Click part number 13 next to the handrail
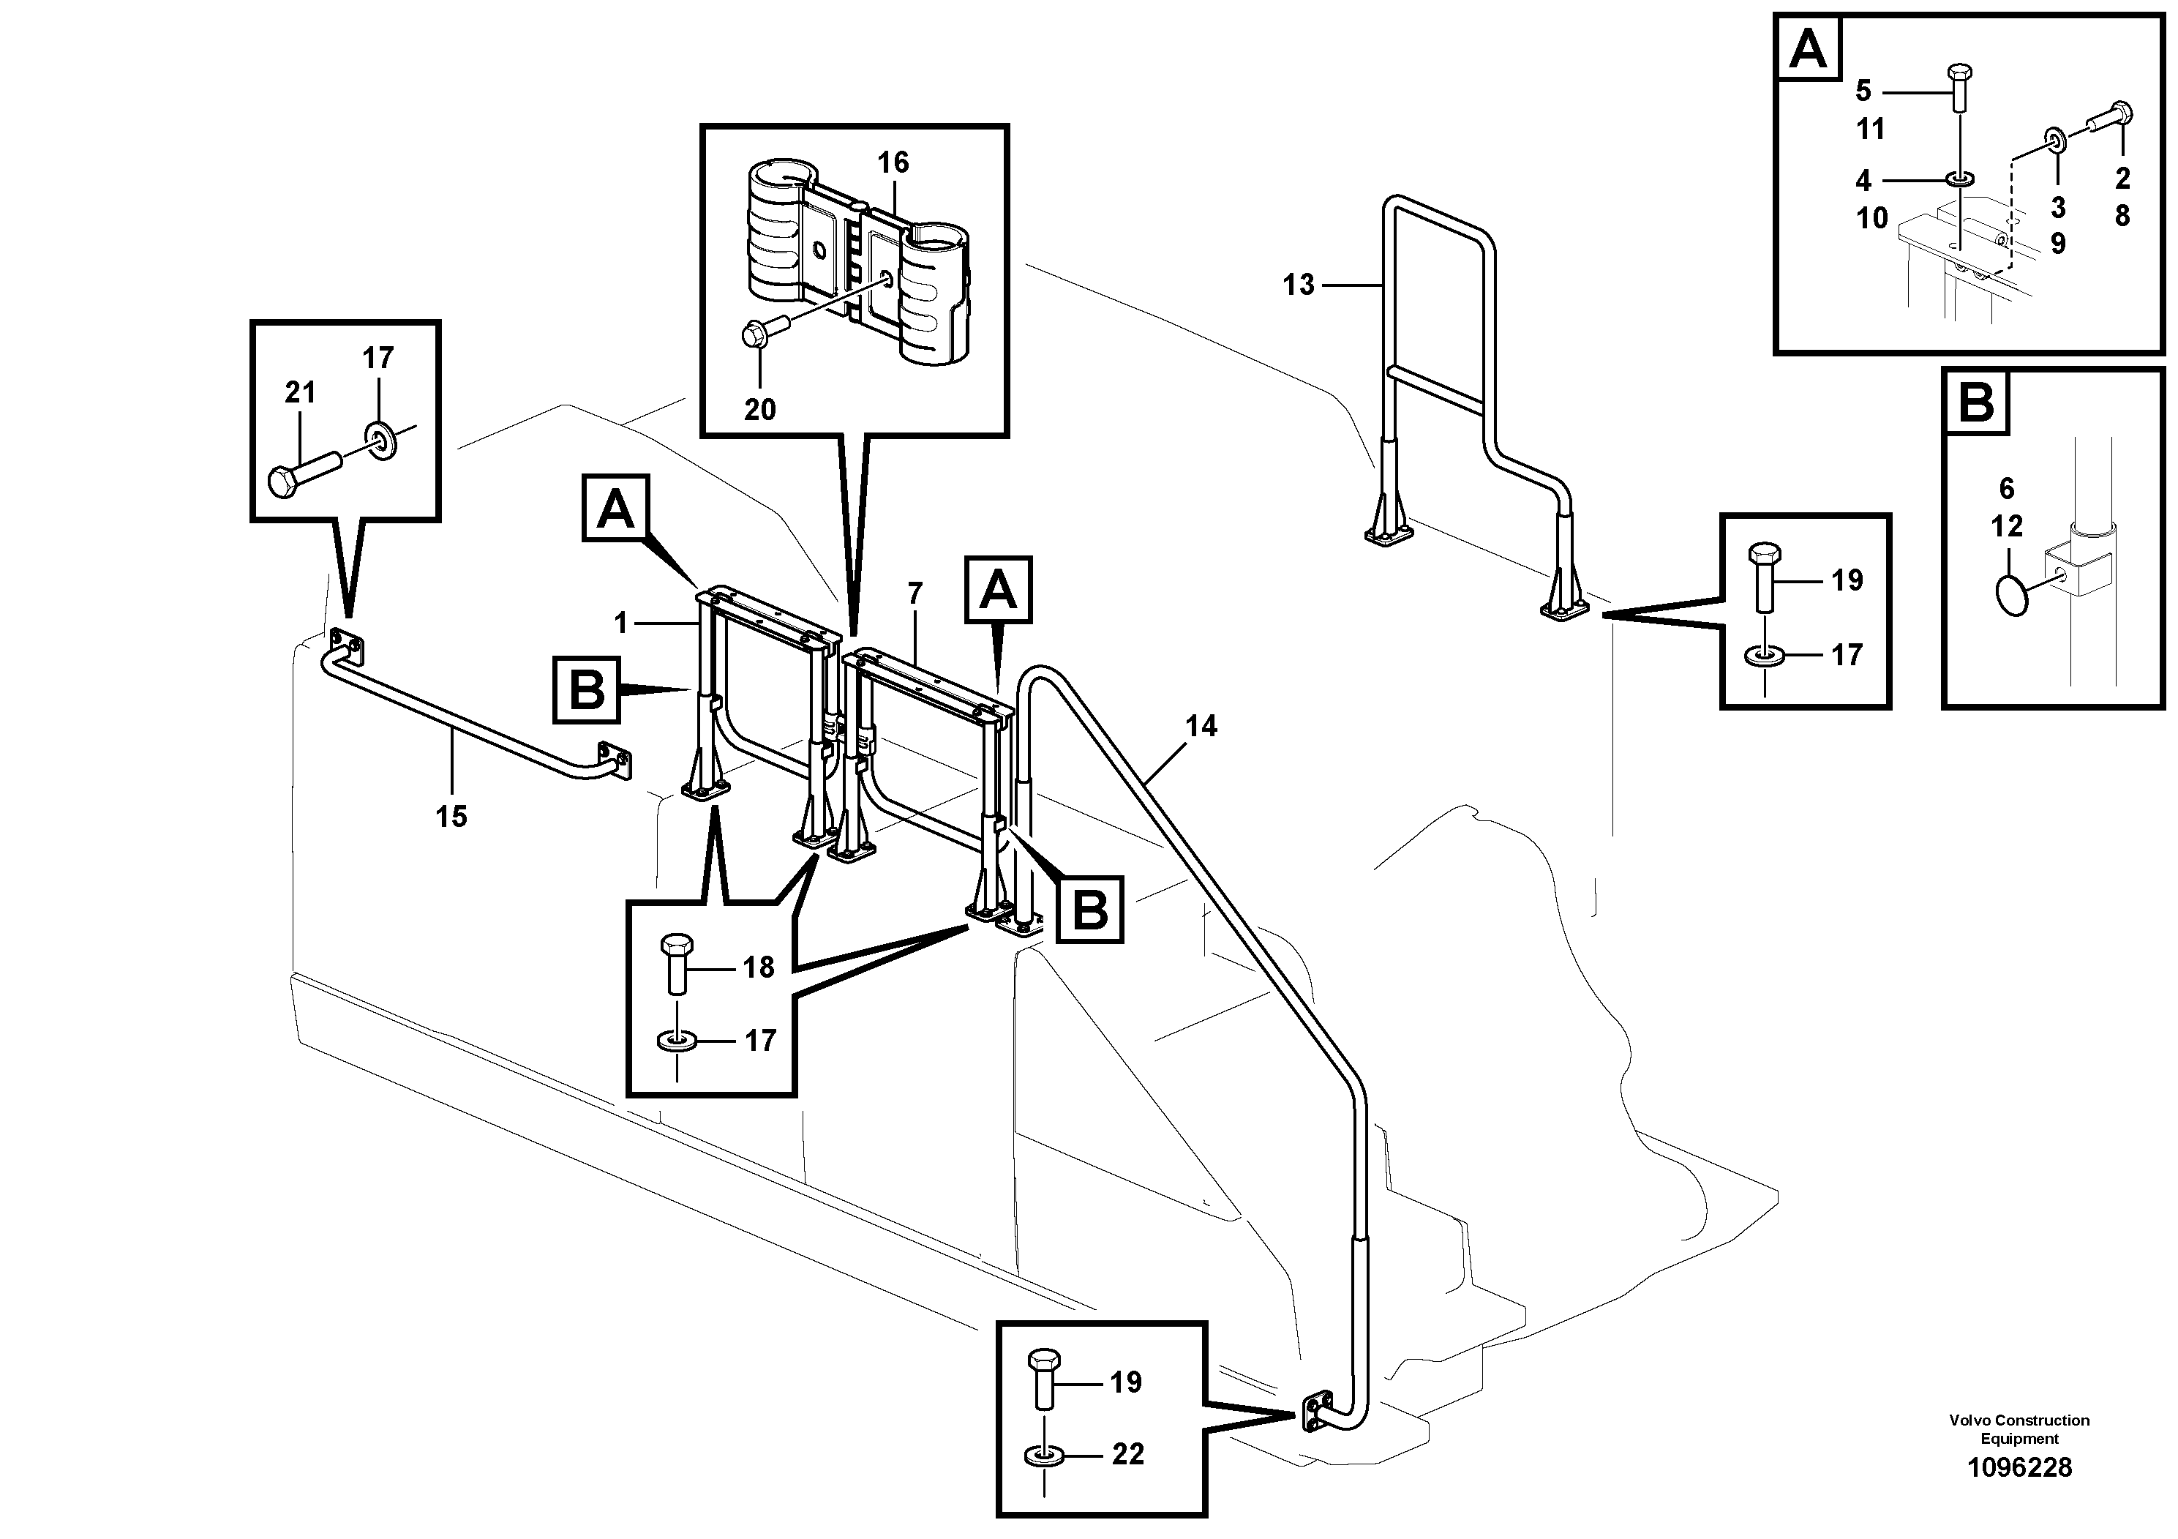pyautogui.click(x=1299, y=284)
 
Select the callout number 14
pyautogui.click(x=1201, y=726)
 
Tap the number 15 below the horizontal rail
pyautogui.click(x=451, y=816)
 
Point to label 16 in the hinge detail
pyautogui.click(x=893, y=162)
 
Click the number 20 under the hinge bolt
pyautogui.click(x=760, y=409)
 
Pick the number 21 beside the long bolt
pyautogui.click(x=300, y=392)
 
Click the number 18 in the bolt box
pyautogui.click(x=759, y=967)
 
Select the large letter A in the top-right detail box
pyautogui.click(x=1808, y=48)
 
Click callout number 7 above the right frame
pyautogui.click(x=915, y=594)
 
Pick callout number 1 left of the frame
pyautogui.click(x=621, y=623)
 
